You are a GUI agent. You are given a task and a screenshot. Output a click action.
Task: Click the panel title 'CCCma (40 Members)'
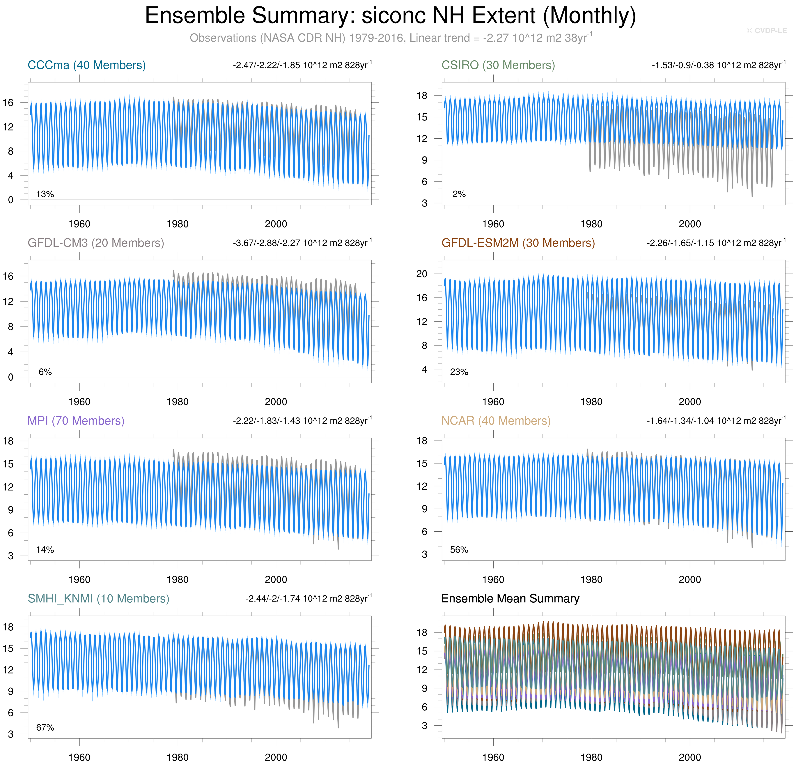86,65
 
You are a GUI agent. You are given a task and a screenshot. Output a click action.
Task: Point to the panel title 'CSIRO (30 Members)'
498,65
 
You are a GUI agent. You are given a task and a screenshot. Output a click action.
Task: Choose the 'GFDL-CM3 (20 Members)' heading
96,243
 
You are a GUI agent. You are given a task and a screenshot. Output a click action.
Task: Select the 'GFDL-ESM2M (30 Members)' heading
518,243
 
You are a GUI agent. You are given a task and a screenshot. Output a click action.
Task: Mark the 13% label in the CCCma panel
45,194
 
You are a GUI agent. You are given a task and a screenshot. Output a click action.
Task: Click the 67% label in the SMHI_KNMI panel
45,727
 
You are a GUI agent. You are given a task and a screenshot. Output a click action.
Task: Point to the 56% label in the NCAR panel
459,550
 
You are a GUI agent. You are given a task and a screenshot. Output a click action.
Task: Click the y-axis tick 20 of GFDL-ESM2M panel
422,274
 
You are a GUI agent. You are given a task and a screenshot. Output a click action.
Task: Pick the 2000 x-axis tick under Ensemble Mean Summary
690,757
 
